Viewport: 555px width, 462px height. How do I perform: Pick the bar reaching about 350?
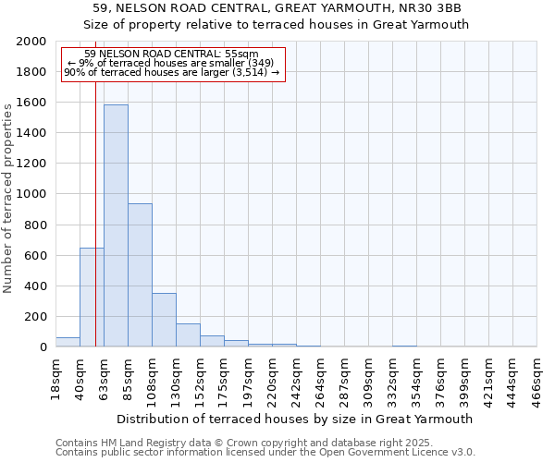point(164,320)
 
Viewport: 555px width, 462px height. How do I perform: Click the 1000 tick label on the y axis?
point(31,194)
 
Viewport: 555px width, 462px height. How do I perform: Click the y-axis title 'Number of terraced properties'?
point(8,196)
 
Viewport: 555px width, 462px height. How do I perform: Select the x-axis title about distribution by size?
point(296,419)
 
